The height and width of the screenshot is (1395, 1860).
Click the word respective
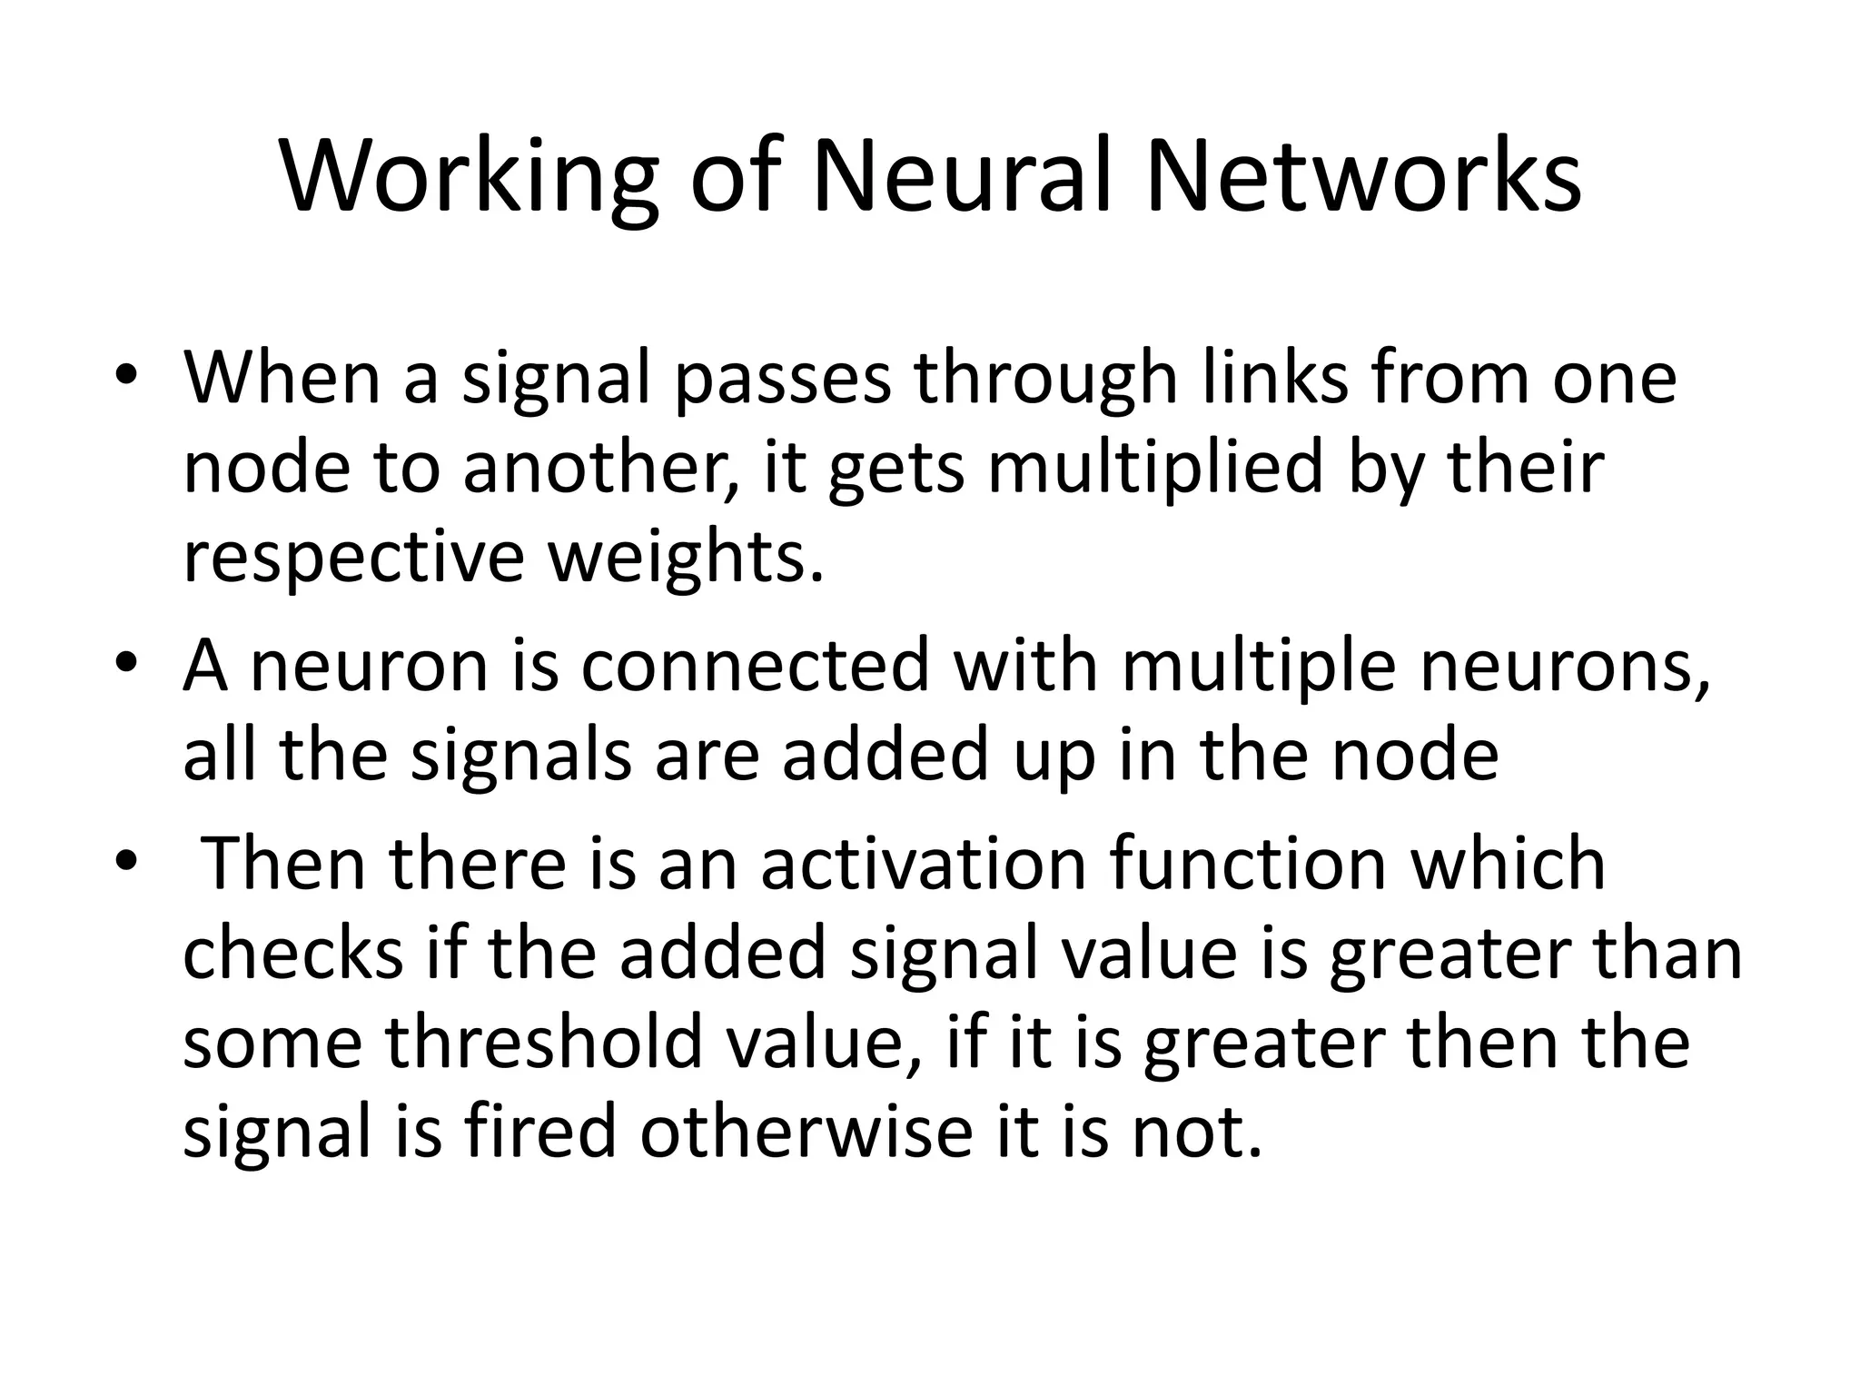pos(353,557)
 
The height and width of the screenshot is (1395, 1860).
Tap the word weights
pos(687,557)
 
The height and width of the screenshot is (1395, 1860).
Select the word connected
pos(755,665)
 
